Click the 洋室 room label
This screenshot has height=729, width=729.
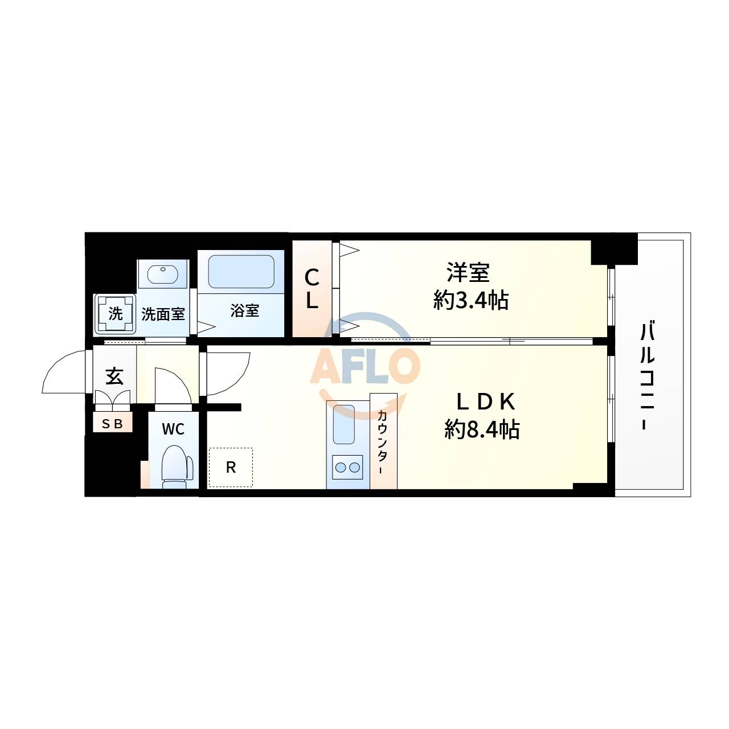[x=468, y=273]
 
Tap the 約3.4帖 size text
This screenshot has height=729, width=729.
[x=470, y=300]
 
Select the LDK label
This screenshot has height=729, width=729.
[x=485, y=402]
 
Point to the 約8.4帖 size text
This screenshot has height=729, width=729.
[x=482, y=429]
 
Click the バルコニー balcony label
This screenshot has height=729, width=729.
[x=647, y=376]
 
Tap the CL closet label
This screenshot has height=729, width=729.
[x=312, y=289]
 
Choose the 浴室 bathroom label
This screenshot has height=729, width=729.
[x=245, y=310]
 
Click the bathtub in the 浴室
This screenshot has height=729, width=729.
[x=241, y=272]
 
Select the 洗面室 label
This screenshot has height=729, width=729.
[x=163, y=314]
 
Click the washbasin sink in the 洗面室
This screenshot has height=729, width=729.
[x=163, y=274]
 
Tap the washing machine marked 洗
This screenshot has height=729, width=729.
[x=115, y=314]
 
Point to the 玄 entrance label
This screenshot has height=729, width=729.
[x=114, y=376]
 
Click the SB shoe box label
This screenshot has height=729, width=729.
[x=113, y=423]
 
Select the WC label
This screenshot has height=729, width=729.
[x=173, y=429]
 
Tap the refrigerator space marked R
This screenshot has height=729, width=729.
[x=231, y=468]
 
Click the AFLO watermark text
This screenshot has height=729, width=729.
[x=364, y=365]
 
